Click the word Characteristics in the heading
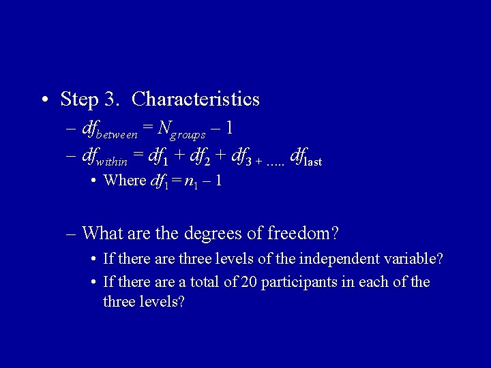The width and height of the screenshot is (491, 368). (196, 99)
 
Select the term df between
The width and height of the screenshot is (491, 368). (108, 129)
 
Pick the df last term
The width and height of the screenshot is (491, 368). (306, 159)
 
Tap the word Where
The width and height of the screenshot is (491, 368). (124, 181)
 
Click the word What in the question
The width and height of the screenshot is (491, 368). (102, 234)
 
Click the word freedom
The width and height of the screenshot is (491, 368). (299, 234)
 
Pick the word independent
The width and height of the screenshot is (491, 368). (338, 259)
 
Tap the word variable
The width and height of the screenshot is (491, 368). (413, 259)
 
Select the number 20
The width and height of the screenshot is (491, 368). (250, 282)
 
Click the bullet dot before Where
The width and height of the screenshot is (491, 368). (93, 181)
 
